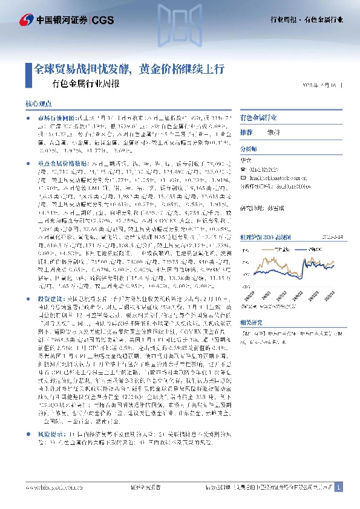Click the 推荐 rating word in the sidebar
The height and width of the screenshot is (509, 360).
point(246,132)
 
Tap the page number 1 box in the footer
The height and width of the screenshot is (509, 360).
point(339,487)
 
